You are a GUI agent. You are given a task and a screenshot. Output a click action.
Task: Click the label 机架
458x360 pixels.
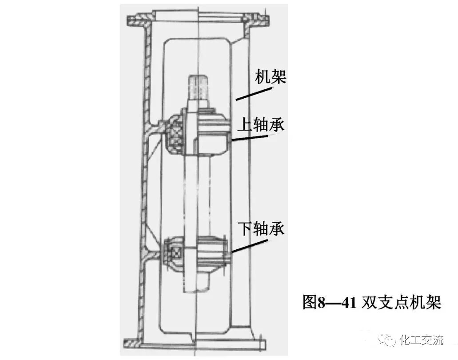270,77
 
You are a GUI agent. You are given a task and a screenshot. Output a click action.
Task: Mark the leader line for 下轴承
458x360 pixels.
249,246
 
